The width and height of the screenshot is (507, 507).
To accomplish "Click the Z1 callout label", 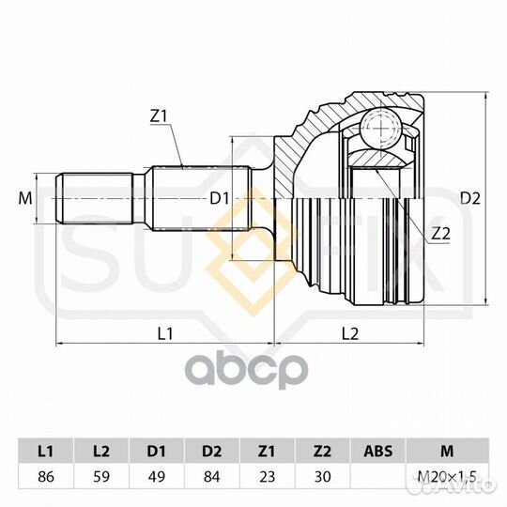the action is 158,116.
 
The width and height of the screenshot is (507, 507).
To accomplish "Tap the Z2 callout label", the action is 441,233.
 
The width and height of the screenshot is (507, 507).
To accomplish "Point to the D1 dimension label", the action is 219,198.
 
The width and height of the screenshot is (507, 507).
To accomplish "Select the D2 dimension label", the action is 470,198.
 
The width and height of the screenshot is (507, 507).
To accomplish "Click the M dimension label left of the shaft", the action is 25,198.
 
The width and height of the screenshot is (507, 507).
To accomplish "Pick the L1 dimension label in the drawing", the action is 165,333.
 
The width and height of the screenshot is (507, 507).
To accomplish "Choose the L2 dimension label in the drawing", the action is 350,333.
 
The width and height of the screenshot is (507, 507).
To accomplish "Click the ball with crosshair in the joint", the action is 381,128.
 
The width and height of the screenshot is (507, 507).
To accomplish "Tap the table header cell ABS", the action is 378,452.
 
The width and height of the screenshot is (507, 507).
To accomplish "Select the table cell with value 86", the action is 46,477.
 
